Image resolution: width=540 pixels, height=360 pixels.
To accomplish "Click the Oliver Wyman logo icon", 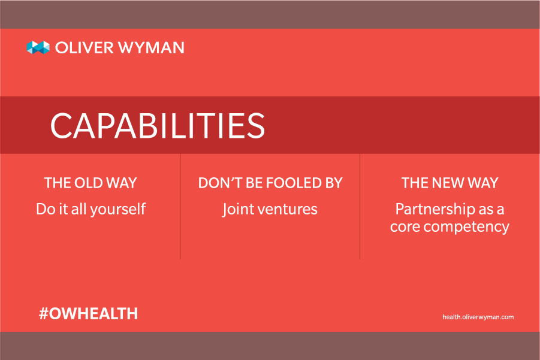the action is pyautogui.click(x=38, y=47).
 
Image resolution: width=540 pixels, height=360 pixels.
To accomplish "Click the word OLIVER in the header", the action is pyautogui.click(x=85, y=47).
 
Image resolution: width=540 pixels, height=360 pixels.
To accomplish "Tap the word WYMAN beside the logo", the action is pyautogui.click(x=151, y=47).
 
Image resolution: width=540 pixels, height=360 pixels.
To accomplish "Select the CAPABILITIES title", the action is pyautogui.click(x=158, y=125).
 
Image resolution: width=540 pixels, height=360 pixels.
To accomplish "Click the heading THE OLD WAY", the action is pyautogui.click(x=90, y=183).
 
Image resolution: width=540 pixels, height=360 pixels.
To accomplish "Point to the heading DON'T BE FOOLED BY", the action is pyautogui.click(x=270, y=183).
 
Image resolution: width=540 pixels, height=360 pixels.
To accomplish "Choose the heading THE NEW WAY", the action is pyautogui.click(x=450, y=183).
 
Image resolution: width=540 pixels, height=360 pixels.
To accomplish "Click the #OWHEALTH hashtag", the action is pyautogui.click(x=89, y=313).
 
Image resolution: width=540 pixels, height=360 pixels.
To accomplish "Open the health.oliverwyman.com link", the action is pyautogui.click(x=478, y=317).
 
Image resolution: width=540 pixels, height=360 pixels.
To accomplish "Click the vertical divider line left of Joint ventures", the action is pyautogui.click(x=180, y=207).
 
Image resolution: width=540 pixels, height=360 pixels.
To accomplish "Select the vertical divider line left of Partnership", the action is pyautogui.click(x=360, y=207).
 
